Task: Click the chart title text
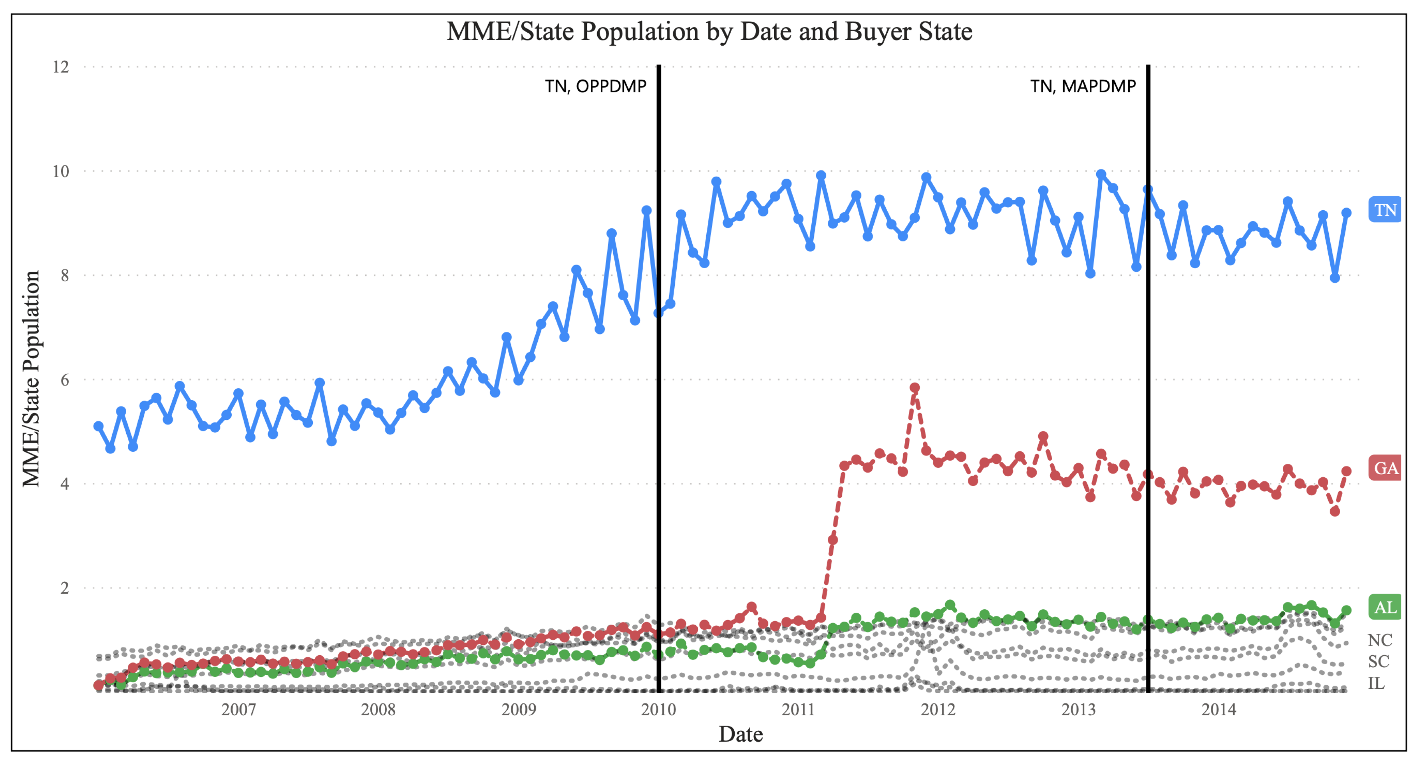[709, 32]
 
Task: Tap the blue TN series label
[1385, 210]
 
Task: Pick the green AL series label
[1385, 607]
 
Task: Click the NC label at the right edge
[1380, 640]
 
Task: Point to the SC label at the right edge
[1379, 661]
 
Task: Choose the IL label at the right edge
[1376, 683]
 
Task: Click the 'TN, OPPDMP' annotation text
[596, 86]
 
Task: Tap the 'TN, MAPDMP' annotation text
[1083, 86]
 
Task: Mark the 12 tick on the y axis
[61, 67]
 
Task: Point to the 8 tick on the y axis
[65, 275]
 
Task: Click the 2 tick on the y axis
[65, 588]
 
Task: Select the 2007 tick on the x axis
[238, 710]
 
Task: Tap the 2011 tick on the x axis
[798, 710]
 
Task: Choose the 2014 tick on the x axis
[1218, 710]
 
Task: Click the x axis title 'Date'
[740, 734]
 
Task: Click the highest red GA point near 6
[914, 388]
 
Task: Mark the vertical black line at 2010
[658, 386]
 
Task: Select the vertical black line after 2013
[1148, 386]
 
